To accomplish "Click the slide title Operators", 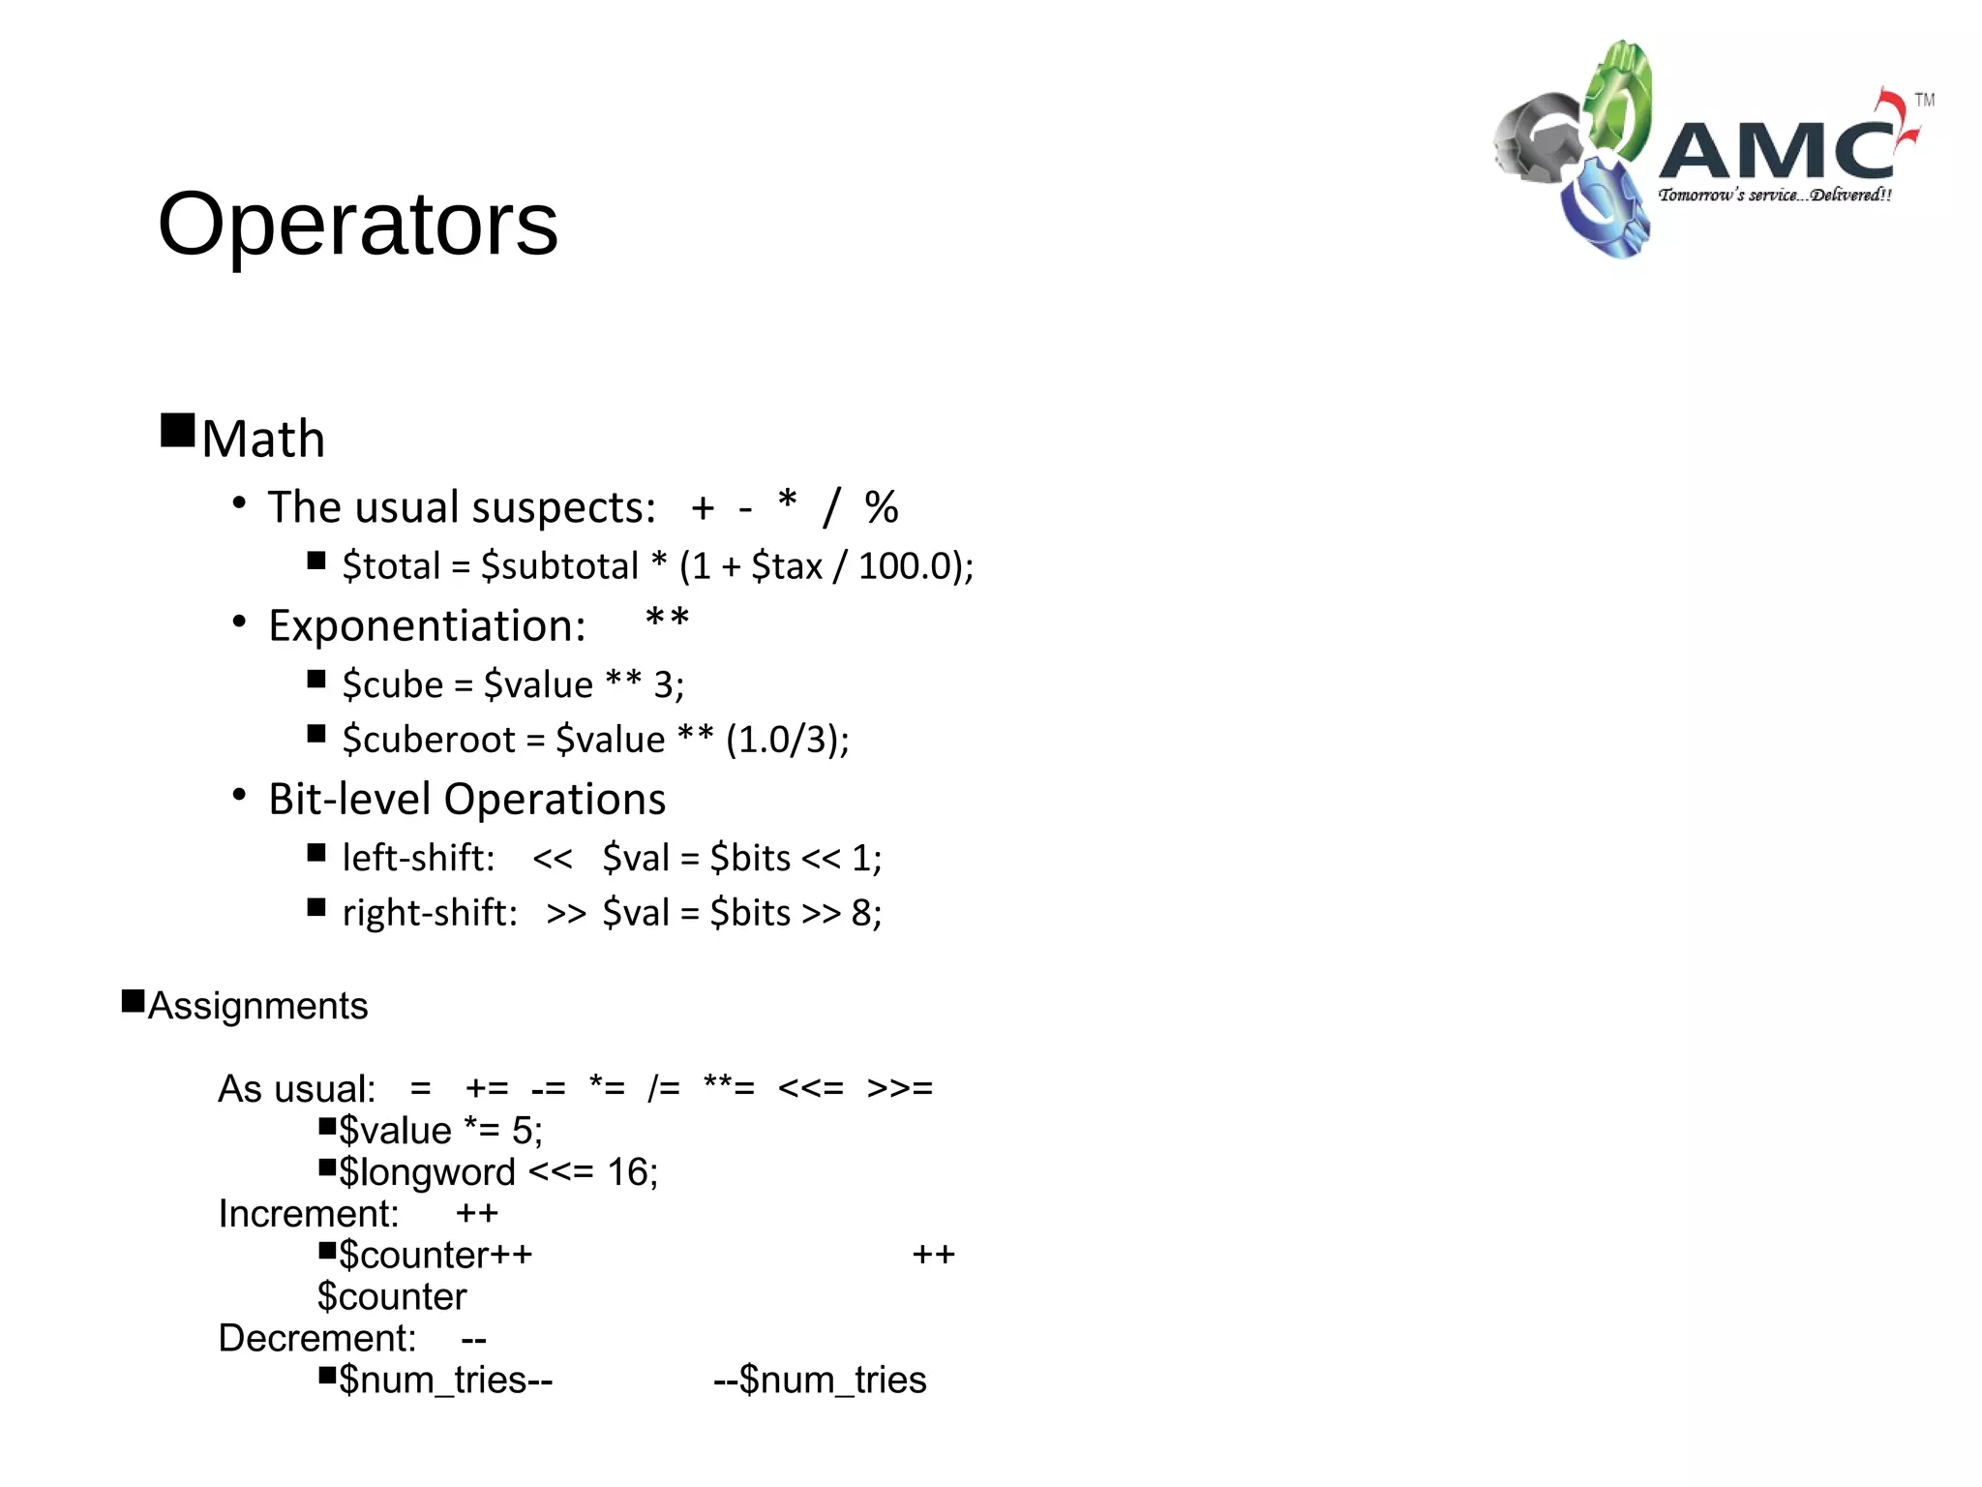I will pos(357,225).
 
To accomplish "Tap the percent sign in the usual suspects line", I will pos(881,507).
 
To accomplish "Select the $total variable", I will pos(391,566).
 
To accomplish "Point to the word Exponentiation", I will pos(427,626).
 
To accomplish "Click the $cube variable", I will pos(392,685).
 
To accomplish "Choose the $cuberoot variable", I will pos(429,741).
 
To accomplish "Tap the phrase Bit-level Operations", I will pos(466,800).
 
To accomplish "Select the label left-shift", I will pos(418,859).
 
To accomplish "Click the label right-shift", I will pos(430,913).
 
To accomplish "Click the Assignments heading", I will pos(257,1006).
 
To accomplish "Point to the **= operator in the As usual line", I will pos(729,1088).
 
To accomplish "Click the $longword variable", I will pos(427,1172).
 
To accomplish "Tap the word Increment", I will pos(308,1214).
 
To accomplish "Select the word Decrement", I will pos(316,1339).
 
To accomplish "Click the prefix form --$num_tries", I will pos(820,1381).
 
